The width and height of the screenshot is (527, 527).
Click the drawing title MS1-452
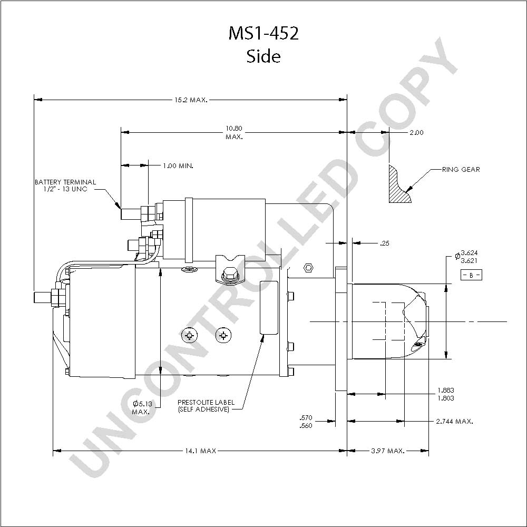pyautogui.click(x=263, y=33)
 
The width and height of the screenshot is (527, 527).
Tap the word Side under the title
pyautogui.click(x=263, y=56)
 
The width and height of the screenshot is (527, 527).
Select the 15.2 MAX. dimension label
pyautogui.click(x=191, y=100)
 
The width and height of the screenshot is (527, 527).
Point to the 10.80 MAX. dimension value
pyautogui.click(x=234, y=132)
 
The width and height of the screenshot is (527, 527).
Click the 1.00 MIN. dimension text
pyautogui.click(x=178, y=165)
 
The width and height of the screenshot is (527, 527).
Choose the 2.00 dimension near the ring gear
pyautogui.click(x=416, y=132)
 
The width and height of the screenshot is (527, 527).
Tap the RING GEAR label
pyautogui.click(x=461, y=169)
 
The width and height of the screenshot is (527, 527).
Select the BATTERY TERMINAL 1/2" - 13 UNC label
pyautogui.click(x=65, y=185)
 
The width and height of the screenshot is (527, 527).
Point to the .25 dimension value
pyautogui.click(x=385, y=243)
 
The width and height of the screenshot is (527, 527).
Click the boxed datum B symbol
pyautogui.click(x=471, y=275)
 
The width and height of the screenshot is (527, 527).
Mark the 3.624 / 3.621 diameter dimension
pyautogui.click(x=466, y=257)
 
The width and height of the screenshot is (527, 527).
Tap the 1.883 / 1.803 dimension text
pyautogui.click(x=446, y=394)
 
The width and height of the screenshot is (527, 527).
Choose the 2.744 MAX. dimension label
pyautogui.click(x=454, y=421)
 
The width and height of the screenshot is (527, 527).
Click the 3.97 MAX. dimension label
pyautogui.click(x=387, y=451)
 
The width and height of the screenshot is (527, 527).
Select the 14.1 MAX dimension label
pyautogui.click(x=200, y=451)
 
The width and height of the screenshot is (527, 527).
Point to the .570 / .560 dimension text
pyautogui.click(x=306, y=422)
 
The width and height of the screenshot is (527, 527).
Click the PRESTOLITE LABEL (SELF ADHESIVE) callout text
pyautogui.click(x=206, y=406)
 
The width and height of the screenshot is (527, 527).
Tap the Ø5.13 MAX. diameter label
pyautogui.click(x=141, y=408)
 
